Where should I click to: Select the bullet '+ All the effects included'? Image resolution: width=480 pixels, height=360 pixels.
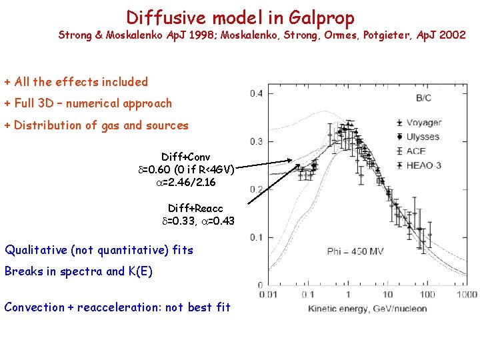tap(76, 82)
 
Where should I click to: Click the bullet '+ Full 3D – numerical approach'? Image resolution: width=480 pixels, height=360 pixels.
tap(88, 103)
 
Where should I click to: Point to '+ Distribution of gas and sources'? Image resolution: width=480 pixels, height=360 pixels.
tap(97, 125)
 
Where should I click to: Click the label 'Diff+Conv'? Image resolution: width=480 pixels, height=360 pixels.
tap(185, 157)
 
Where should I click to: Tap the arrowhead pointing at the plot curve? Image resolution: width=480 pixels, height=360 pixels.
tap(298, 161)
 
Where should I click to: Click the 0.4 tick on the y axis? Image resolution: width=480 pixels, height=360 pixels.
tap(256, 93)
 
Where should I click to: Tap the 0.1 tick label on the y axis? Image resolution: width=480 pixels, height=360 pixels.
tap(256, 237)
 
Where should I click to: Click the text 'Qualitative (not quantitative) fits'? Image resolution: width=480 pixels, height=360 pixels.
tap(99, 251)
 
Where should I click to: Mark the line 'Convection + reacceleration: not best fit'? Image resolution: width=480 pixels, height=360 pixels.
tap(117, 307)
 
